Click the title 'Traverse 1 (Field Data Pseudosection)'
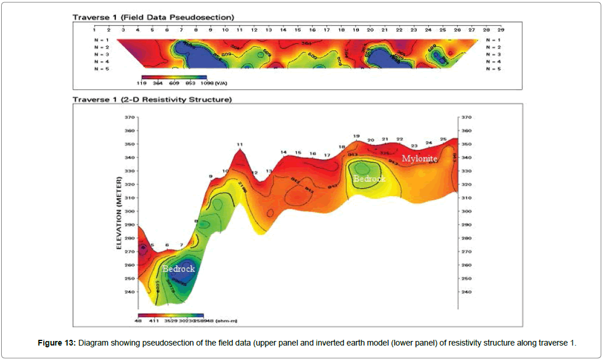point(153,17)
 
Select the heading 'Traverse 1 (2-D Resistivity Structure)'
point(152,100)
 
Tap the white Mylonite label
point(420,158)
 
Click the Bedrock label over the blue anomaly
point(178,269)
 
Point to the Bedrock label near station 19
point(369,179)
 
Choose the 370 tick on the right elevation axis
point(468,117)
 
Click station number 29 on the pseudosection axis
point(501,29)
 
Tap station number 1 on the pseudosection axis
point(93,29)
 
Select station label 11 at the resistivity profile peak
point(239,144)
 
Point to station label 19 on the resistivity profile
point(357,136)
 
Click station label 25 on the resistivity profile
point(443,140)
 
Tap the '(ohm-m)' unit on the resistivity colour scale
point(226,319)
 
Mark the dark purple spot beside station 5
point(143,247)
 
